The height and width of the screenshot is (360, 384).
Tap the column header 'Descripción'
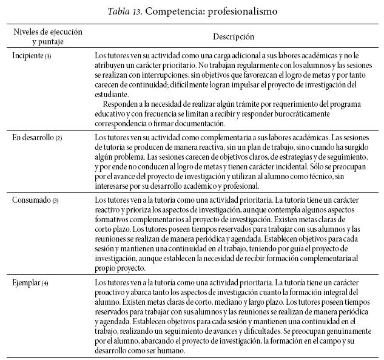(234, 37)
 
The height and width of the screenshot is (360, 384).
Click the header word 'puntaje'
(48, 42)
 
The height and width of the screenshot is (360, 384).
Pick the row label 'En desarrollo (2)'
(37, 138)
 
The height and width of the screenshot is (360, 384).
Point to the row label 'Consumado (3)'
(35, 200)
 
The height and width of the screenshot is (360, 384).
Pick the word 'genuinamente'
(342, 331)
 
